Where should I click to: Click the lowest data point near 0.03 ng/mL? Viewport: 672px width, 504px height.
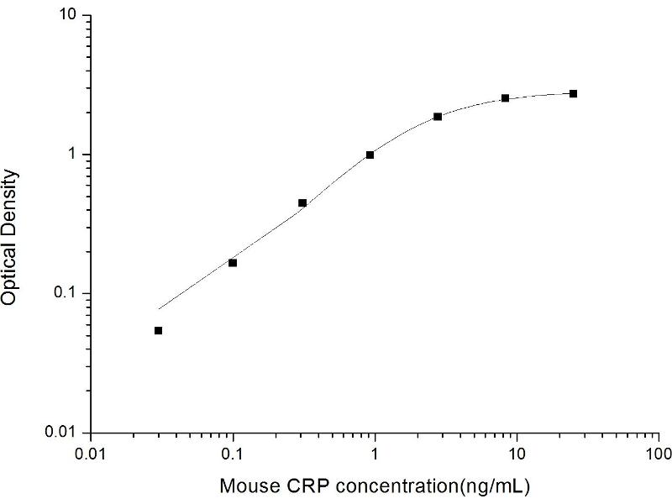[158, 330]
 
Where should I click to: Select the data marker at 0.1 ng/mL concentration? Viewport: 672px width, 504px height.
[233, 263]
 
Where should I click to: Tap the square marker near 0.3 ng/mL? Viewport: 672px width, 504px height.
[302, 202]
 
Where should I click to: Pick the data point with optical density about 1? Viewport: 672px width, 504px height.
[370, 155]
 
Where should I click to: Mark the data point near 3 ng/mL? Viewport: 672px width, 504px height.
[438, 116]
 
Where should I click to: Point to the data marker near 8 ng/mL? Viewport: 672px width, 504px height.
[505, 98]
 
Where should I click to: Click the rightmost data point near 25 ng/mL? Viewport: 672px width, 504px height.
[573, 93]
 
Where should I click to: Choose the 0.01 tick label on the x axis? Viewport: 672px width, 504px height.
[92, 454]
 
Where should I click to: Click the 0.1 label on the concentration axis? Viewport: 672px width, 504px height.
[234, 454]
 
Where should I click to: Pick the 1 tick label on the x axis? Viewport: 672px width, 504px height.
[375, 454]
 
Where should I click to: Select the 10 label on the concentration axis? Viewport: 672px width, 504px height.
[517, 454]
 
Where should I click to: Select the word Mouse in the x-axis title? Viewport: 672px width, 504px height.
[244, 486]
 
